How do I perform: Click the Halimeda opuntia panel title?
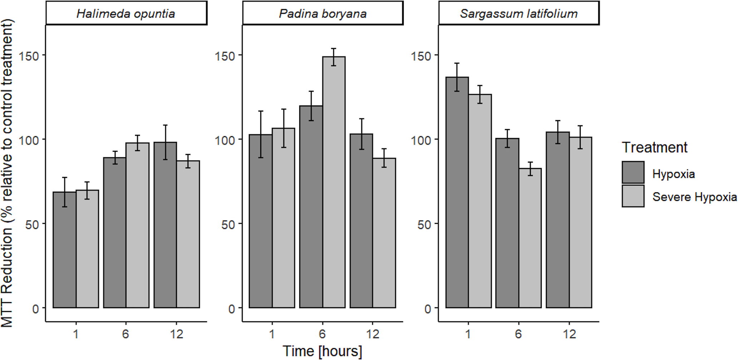click(126, 14)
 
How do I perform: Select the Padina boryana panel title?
click(323, 14)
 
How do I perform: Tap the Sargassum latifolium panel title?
click(518, 14)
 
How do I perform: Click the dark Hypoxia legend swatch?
click(633, 173)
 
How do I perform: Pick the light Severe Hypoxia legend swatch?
click(633, 196)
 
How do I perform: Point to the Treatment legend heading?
click(654, 147)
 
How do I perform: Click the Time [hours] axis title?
click(322, 351)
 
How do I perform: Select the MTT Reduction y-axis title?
click(7, 173)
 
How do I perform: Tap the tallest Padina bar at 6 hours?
click(334, 182)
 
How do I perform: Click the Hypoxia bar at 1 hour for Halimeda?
click(64, 250)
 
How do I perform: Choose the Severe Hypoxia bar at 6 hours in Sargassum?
click(530, 238)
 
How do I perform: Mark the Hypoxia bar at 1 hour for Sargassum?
click(457, 193)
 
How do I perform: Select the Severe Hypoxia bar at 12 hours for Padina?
click(384, 232)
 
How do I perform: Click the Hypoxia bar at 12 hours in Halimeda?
click(165, 225)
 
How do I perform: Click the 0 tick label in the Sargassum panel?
click(428, 309)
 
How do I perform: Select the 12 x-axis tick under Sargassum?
click(569, 334)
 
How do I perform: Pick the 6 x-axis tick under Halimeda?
click(126, 334)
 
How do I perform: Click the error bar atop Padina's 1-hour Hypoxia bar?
click(261, 134)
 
